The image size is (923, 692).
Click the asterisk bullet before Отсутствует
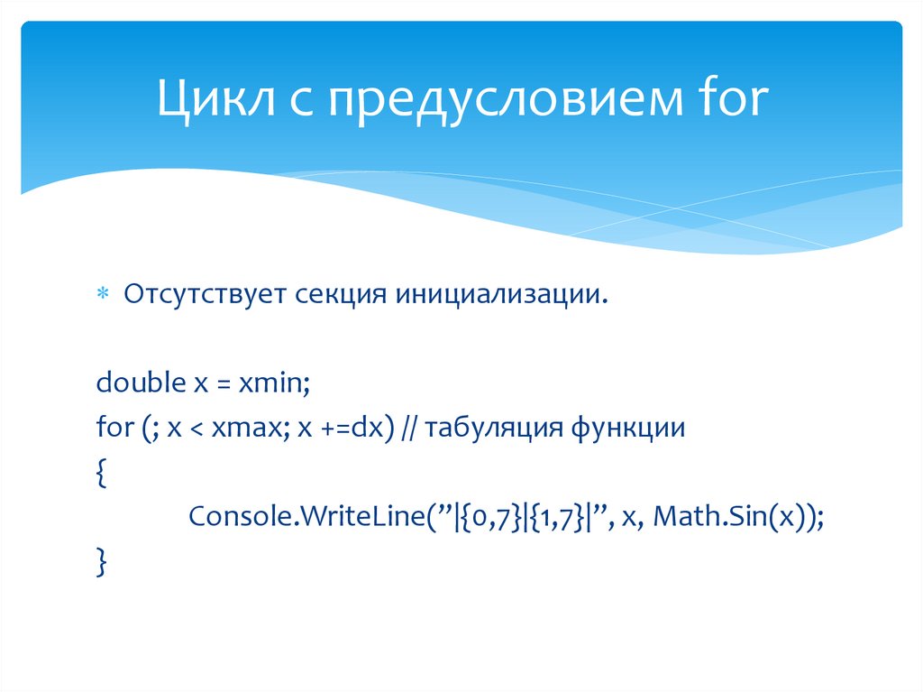[102, 295]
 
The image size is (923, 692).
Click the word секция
[340, 294]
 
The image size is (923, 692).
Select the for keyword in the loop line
[114, 428]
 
